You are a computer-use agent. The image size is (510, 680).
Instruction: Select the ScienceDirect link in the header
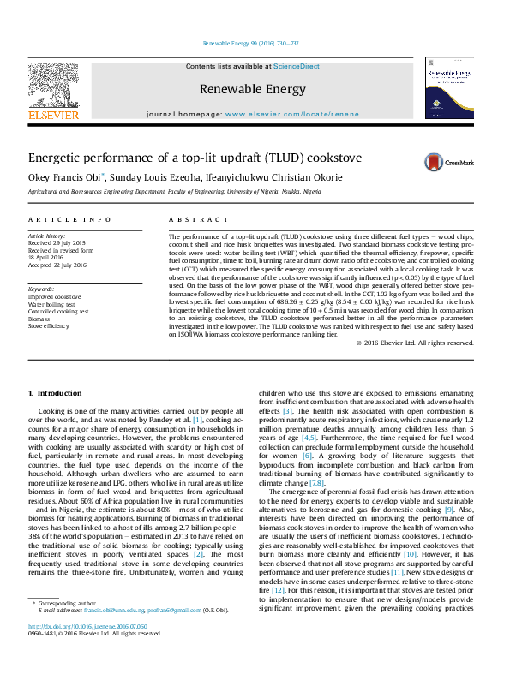[297, 66]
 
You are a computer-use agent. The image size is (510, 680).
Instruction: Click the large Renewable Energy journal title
[252, 89]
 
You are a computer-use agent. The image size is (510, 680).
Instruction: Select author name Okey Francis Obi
[65, 177]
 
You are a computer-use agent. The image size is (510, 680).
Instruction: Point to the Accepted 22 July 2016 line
[57, 265]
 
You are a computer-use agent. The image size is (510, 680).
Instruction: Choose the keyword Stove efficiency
[49, 326]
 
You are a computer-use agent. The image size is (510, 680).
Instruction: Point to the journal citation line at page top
[250, 43]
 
